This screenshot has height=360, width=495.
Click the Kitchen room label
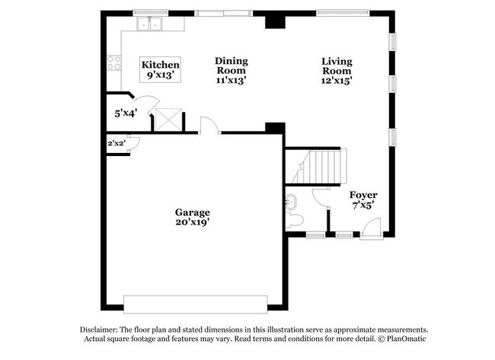point(161,65)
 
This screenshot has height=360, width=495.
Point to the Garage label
point(192,212)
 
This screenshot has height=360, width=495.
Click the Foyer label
point(364,195)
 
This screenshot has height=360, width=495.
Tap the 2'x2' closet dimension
point(116,143)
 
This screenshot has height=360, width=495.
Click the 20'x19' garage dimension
point(192,223)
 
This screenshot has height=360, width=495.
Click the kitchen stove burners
point(114,62)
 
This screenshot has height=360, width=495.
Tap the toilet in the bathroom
point(295,220)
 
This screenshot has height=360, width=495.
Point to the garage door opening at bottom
point(196,304)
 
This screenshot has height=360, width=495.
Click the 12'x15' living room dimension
point(336,78)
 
